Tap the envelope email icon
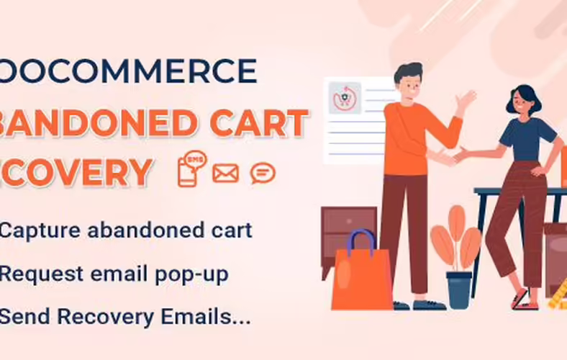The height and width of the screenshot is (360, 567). [x=225, y=174]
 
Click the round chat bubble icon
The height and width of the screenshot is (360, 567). [x=263, y=174]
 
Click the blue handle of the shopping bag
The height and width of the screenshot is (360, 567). [x=361, y=240]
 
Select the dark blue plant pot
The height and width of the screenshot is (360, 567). [x=458, y=289]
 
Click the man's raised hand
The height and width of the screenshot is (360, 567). [x=466, y=99]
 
